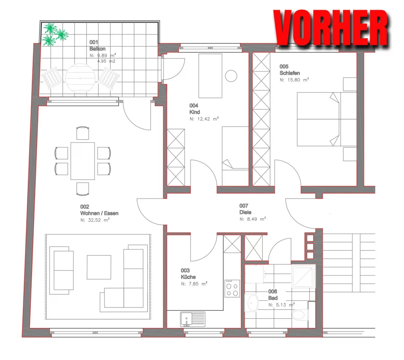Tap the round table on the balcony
click(80, 78)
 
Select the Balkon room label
click(97, 49)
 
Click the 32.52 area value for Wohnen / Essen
click(94, 220)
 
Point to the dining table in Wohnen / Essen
click(83, 161)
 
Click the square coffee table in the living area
click(99, 267)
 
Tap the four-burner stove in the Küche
click(232, 289)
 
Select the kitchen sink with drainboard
click(193, 319)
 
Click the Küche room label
click(188, 277)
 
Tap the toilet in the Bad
click(300, 315)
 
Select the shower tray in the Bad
click(303, 276)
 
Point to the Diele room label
click(245, 212)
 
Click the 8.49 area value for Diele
click(252, 219)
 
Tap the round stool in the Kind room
click(231, 76)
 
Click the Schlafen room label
click(290, 73)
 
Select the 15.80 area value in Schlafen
click(294, 80)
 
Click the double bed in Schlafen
click(327, 119)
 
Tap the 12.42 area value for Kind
click(204, 119)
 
